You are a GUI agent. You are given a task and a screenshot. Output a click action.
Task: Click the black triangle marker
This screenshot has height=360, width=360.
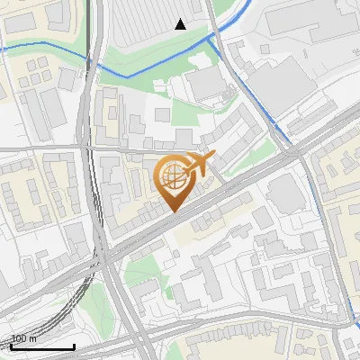click(181, 24)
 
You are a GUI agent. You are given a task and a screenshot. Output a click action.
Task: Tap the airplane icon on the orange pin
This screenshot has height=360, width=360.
click(197, 164)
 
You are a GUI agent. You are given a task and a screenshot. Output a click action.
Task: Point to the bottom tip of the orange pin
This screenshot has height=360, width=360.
click(172, 211)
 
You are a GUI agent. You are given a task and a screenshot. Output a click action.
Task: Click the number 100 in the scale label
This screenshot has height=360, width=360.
click(20, 338)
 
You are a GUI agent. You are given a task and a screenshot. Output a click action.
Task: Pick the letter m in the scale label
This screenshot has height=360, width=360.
click(33, 338)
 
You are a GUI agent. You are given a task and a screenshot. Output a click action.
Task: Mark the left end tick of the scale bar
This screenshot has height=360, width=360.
click(12, 346)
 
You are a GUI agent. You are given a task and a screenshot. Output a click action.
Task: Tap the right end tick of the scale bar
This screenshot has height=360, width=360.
click(74, 346)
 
